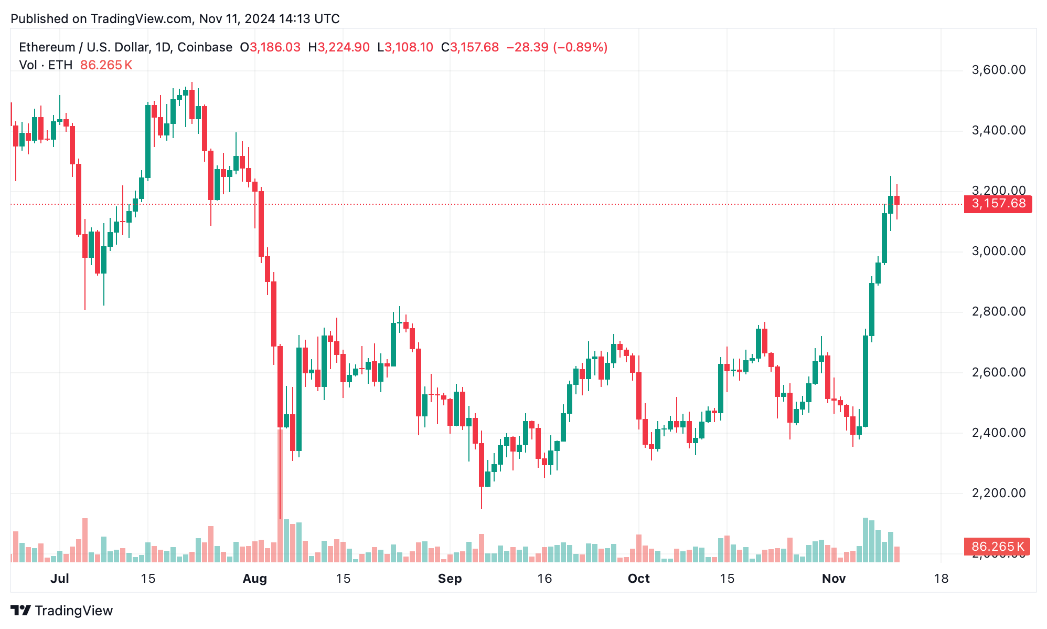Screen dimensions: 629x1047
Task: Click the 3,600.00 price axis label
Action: pyautogui.click(x=998, y=70)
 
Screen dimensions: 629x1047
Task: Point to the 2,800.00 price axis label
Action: pyautogui.click(x=998, y=311)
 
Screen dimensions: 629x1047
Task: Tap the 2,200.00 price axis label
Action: pyautogui.click(x=998, y=493)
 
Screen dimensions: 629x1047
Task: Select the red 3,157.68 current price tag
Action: pyautogui.click(x=998, y=204)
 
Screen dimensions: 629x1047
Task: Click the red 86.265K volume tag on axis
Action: pyautogui.click(x=997, y=547)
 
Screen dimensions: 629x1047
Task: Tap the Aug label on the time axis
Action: pyautogui.click(x=255, y=579)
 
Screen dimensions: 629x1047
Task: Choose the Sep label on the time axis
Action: pyautogui.click(x=450, y=579)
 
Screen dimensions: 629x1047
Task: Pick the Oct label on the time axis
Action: pyautogui.click(x=638, y=579)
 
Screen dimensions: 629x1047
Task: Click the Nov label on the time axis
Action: pyautogui.click(x=834, y=579)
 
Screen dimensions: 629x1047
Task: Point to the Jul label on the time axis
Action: pyautogui.click(x=60, y=579)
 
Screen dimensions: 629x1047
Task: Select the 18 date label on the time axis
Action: pyautogui.click(x=941, y=579)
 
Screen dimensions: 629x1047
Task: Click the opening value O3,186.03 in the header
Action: pyautogui.click(x=270, y=47)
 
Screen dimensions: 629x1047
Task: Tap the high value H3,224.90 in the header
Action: pyautogui.click(x=339, y=47)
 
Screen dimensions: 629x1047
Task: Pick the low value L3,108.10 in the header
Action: pyautogui.click(x=405, y=47)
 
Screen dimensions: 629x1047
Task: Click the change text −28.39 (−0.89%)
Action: pyautogui.click(x=557, y=47)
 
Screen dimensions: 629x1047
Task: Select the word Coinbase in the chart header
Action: pyautogui.click(x=205, y=47)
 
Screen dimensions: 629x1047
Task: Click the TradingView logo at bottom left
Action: pyautogui.click(x=62, y=611)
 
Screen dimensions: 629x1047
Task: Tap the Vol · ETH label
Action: pyautogui.click(x=46, y=65)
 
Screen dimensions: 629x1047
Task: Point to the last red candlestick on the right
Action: pyautogui.click(x=897, y=200)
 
